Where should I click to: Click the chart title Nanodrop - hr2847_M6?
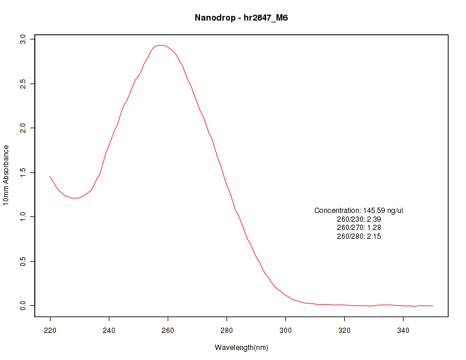point(241,18)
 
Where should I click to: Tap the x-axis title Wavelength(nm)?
point(241,348)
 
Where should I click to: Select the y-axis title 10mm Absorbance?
point(6,175)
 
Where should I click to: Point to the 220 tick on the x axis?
point(50,330)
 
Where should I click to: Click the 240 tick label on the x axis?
point(109,330)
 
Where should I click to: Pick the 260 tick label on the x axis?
point(168,330)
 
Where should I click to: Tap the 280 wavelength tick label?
point(227,330)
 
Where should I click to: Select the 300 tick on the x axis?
point(285,330)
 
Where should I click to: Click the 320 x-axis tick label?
point(344,330)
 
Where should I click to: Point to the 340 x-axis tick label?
point(403,330)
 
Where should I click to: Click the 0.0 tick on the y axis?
point(23,306)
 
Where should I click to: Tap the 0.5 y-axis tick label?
point(23,261)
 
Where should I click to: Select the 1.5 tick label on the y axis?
point(23,172)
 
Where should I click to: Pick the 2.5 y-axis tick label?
point(23,84)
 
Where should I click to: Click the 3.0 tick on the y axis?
point(23,39)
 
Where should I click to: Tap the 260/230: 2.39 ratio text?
point(358,219)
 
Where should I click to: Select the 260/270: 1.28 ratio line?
point(358,228)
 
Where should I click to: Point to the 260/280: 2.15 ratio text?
point(358,236)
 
